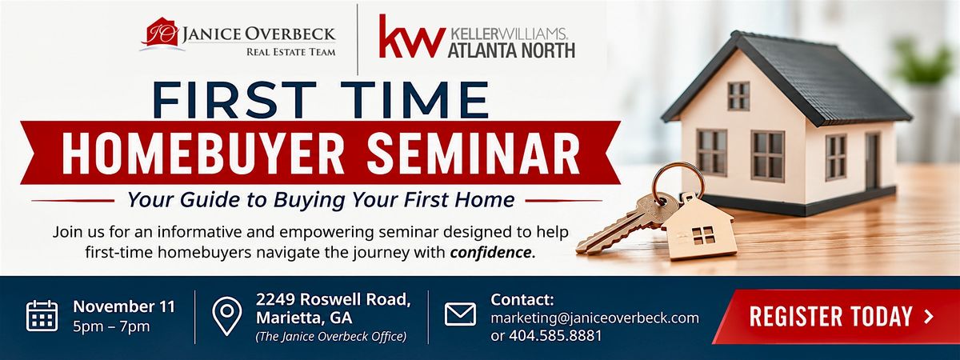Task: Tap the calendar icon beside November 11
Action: pyautogui.click(x=42, y=316)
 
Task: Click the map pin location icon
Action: pyautogui.click(x=226, y=316)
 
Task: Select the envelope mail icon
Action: pyautogui.click(x=460, y=314)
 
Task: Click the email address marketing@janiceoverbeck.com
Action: pyautogui.click(x=595, y=318)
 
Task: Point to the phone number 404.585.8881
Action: pyautogui.click(x=555, y=335)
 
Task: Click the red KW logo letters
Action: pyautogui.click(x=410, y=37)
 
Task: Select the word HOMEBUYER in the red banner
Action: pyautogui.click(x=202, y=154)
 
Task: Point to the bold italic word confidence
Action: pyautogui.click(x=490, y=253)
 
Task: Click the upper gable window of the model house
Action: pyautogui.click(x=739, y=95)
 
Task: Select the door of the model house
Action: pyautogui.click(x=872, y=161)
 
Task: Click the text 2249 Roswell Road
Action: pyautogui.click(x=334, y=299)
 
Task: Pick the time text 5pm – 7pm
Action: pyautogui.click(x=111, y=327)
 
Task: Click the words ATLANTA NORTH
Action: pyautogui.click(x=511, y=50)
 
